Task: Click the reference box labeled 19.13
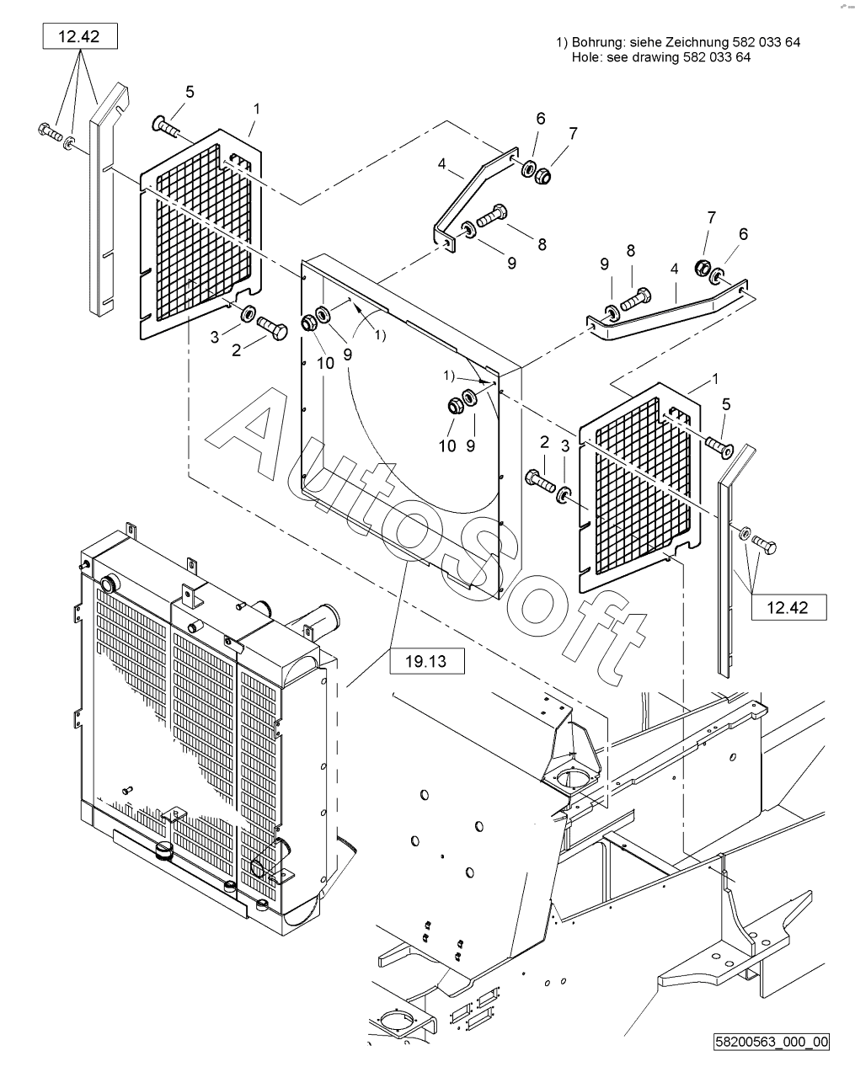click(427, 661)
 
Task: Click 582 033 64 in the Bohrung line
click(767, 42)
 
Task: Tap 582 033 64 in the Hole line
click(717, 57)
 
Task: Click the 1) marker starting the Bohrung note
click(562, 42)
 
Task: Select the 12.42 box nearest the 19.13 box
click(788, 607)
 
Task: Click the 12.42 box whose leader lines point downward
click(80, 36)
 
